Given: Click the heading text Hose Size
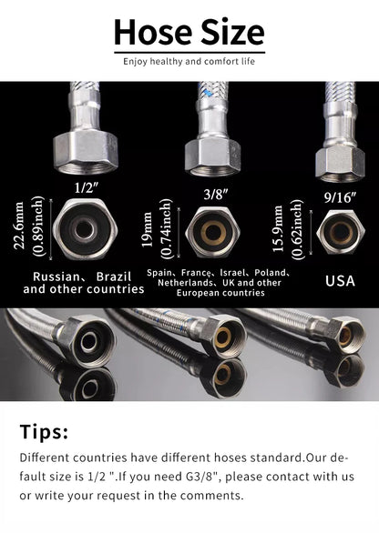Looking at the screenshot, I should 189,34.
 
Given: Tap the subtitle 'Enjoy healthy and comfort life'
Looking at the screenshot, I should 189,61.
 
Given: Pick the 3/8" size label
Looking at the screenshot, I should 213,192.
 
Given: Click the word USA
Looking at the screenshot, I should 340,280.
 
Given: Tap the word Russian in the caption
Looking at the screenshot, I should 57,275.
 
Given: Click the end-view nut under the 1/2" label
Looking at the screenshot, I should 84,230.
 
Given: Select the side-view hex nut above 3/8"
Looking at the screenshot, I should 213,155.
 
